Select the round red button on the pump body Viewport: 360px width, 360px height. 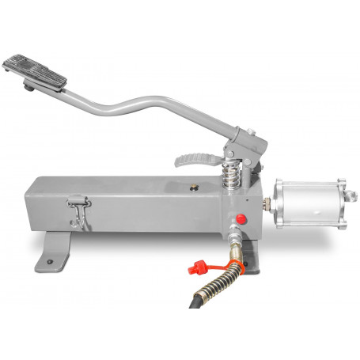click(x=241, y=220)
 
